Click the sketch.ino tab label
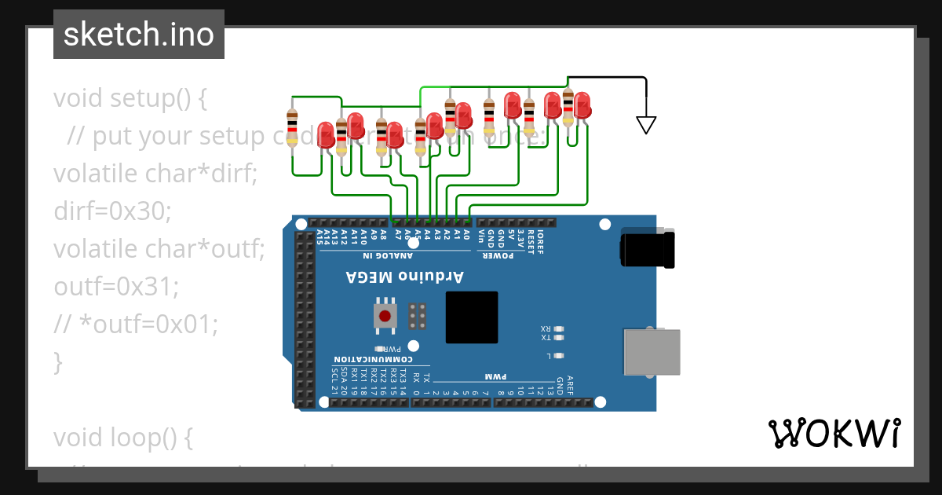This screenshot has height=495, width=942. pos(139,35)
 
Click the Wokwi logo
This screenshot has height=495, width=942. pos(834,433)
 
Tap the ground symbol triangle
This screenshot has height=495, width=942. pos(645,123)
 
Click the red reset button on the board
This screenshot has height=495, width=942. pos(385,316)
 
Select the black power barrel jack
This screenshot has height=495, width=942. pos(647,248)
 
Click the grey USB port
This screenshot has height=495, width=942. pos(651,352)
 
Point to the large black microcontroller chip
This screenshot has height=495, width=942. pos(472,317)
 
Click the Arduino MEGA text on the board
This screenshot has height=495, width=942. pos(405,277)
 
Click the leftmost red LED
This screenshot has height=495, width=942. pos(326,134)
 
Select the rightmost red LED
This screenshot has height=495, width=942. pos(582,104)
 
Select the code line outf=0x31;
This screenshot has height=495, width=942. pos(116,286)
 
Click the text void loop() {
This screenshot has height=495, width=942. pos(123,437)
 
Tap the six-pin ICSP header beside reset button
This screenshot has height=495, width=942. pos(418,316)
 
